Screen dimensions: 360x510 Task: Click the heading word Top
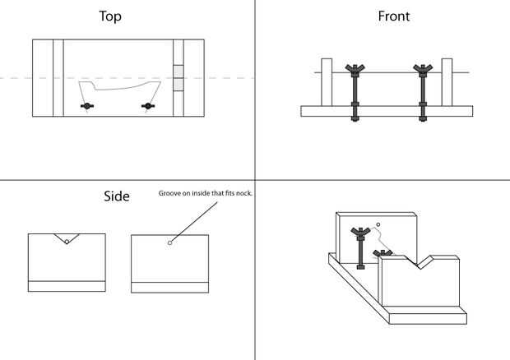(x=111, y=16)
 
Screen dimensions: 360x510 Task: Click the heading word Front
(x=394, y=16)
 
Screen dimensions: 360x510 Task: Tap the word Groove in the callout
(x=170, y=193)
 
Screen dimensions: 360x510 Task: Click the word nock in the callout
(x=243, y=193)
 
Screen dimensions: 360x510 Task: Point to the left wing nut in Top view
(x=85, y=106)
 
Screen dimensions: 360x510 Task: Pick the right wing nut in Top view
(x=148, y=105)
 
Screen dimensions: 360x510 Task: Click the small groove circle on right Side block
(x=169, y=242)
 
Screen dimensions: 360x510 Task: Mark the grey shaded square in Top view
(x=178, y=84)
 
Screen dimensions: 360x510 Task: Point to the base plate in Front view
(x=387, y=111)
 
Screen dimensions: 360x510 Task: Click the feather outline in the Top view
(x=119, y=89)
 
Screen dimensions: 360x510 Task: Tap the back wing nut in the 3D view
(x=360, y=233)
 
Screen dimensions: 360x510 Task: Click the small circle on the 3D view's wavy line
(x=378, y=224)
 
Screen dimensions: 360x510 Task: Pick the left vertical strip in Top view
(x=58, y=78)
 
